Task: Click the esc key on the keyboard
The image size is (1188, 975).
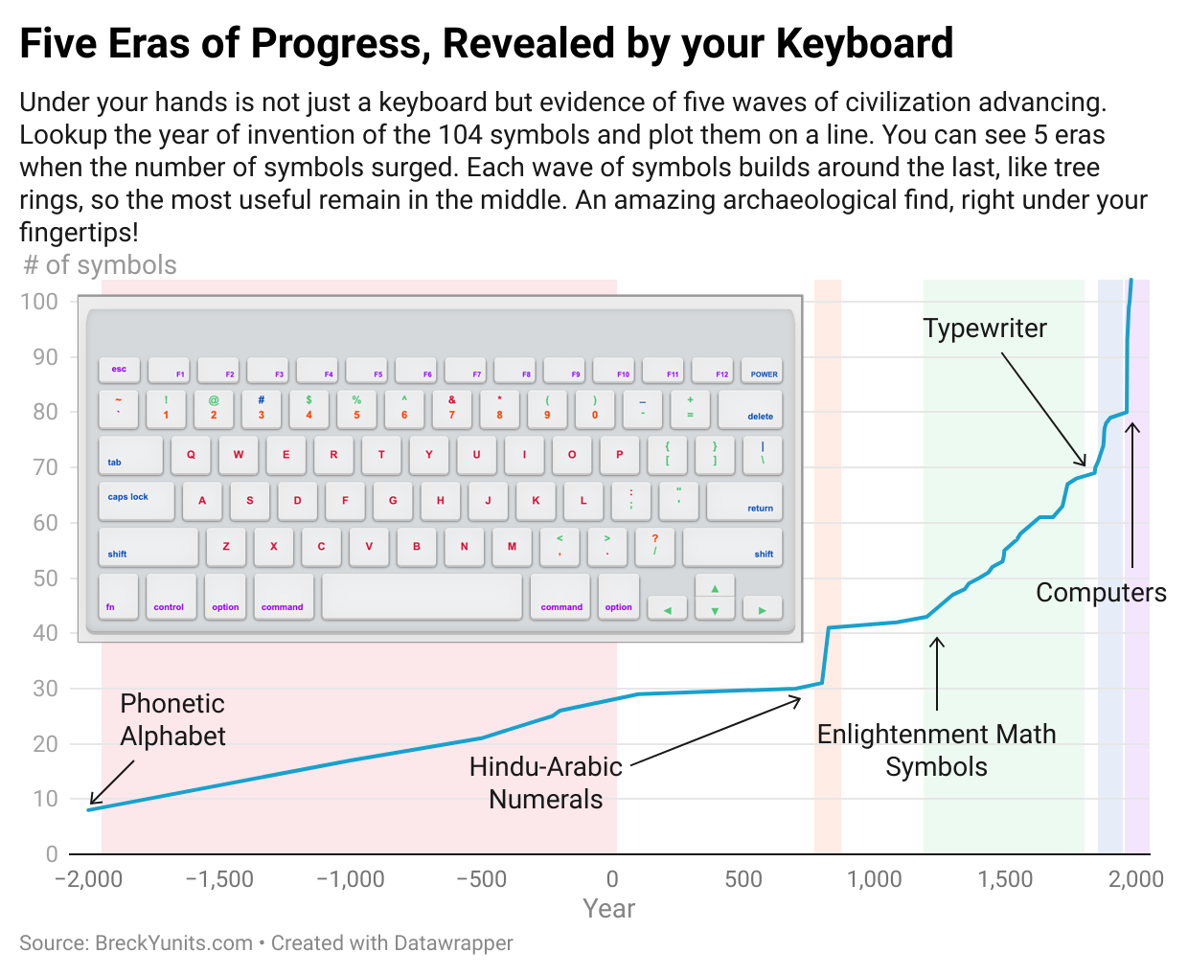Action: [119, 370]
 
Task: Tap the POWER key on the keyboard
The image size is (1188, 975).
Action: [762, 370]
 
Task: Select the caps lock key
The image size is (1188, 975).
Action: [136, 501]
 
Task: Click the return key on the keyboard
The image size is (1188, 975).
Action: [744, 501]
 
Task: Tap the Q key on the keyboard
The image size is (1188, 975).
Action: [191, 455]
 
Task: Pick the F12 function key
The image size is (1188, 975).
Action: [713, 370]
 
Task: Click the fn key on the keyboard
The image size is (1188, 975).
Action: [118, 597]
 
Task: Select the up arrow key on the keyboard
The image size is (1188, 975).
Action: [715, 586]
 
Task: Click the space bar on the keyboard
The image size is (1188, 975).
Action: [422, 597]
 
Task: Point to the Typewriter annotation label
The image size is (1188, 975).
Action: [985, 328]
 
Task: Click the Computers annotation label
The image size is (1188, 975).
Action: [1101, 593]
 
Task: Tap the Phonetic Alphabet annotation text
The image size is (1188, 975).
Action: [172, 720]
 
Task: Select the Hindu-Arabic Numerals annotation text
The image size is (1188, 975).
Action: [545, 782]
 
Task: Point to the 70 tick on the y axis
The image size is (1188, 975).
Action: [46, 467]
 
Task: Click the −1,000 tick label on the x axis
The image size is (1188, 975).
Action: [351, 879]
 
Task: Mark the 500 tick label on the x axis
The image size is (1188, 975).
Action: [743, 879]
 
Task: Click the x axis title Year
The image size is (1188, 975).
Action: [609, 909]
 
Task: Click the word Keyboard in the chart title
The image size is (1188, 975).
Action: [865, 43]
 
